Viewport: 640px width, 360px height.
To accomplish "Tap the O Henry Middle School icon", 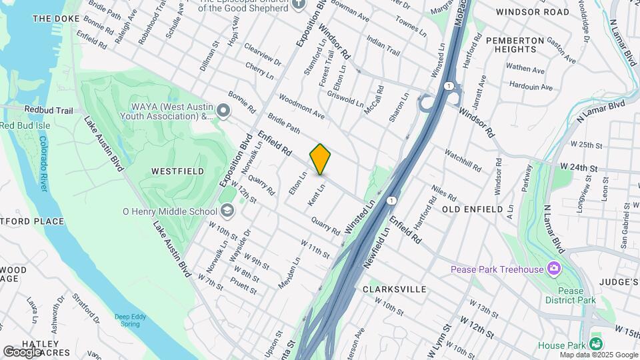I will [228, 211].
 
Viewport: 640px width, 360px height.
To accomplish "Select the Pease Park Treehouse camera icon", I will [553, 269].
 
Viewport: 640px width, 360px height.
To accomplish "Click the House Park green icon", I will [596, 345].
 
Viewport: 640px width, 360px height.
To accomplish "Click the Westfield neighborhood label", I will [177, 171].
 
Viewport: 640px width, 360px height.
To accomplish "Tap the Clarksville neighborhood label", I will [394, 289].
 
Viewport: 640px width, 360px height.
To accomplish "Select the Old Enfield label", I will [473, 209].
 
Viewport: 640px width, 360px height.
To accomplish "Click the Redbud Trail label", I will [49, 110].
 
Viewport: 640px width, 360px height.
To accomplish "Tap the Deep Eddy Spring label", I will [129, 320].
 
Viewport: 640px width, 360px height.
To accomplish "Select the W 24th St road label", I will [580, 166].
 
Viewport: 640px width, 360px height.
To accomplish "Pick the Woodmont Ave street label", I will [301, 106].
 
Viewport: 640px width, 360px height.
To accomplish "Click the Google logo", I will [22, 352].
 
